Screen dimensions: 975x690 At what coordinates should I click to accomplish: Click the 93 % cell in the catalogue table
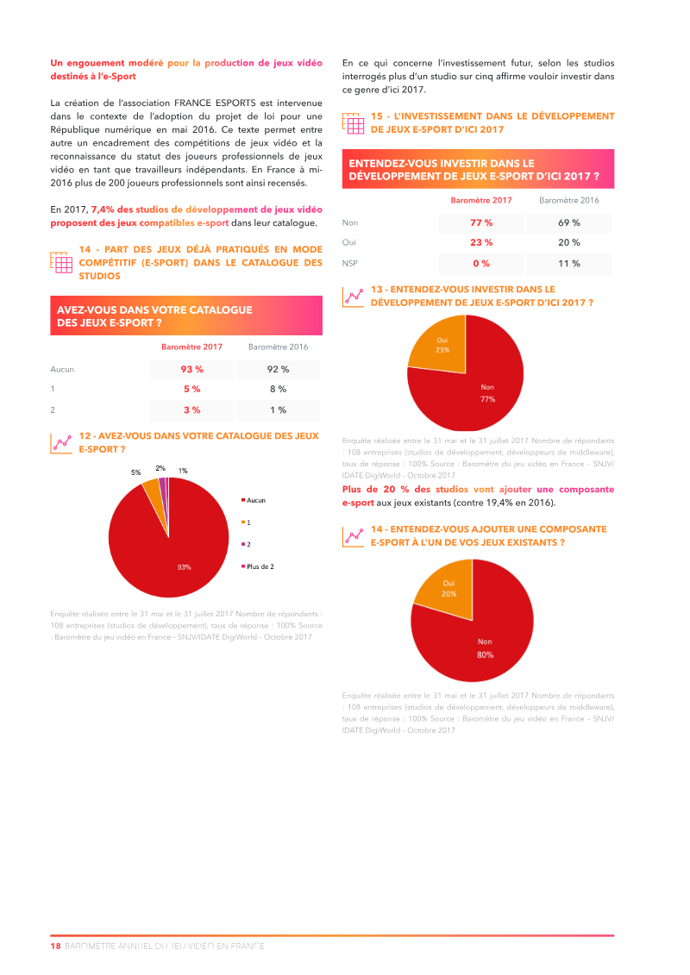click(191, 369)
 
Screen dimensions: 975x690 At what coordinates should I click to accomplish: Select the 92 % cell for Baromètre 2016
click(278, 369)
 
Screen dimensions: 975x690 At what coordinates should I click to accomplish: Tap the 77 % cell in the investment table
click(481, 222)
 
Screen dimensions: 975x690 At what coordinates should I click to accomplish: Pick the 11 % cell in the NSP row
click(569, 264)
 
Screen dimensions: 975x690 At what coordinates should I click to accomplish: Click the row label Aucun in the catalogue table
click(62, 369)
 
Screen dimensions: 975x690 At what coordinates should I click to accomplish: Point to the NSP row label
click(350, 264)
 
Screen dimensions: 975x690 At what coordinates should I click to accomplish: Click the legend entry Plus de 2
click(259, 567)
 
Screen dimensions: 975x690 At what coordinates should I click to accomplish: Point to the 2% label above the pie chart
click(160, 468)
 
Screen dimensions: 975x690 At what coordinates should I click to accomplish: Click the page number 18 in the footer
click(55, 946)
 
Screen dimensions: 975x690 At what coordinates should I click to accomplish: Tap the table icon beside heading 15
click(354, 122)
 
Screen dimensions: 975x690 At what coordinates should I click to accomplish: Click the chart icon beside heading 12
click(62, 443)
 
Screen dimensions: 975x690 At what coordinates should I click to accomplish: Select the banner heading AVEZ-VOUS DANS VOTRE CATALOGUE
click(154, 309)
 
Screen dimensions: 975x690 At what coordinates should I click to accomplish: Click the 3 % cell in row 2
click(191, 410)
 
